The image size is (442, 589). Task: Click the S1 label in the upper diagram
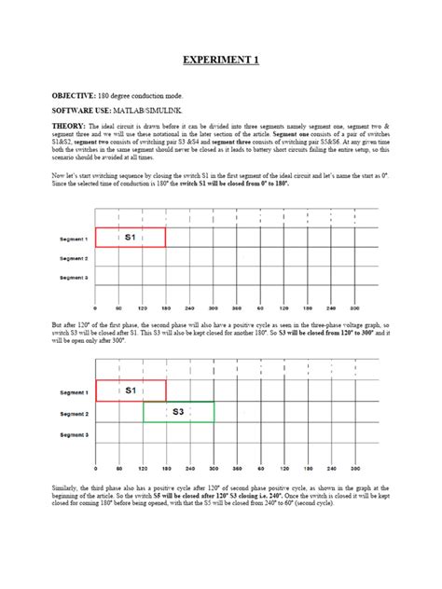pyautogui.click(x=130, y=238)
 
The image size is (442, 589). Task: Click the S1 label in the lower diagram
pyautogui.click(x=130, y=390)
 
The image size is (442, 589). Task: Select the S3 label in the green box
pyautogui.click(x=177, y=411)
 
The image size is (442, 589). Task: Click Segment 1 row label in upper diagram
pyautogui.click(x=74, y=239)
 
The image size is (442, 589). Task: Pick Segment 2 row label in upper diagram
pyautogui.click(x=74, y=258)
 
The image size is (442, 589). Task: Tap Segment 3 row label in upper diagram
pyautogui.click(x=74, y=278)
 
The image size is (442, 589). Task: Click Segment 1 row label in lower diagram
pyautogui.click(x=74, y=392)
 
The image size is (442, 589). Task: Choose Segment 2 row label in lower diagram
pyautogui.click(x=74, y=413)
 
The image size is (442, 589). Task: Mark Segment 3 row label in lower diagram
pyautogui.click(x=74, y=434)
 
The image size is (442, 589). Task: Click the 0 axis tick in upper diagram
pyautogui.click(x=96, y=308)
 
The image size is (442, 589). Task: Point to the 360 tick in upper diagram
pyautogui.click(x=237, y=308)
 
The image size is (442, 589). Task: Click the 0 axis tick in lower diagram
pyautogui.click(x=96, y=468)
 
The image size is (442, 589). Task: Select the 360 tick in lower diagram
pyautogui.click(x=237, y=468)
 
